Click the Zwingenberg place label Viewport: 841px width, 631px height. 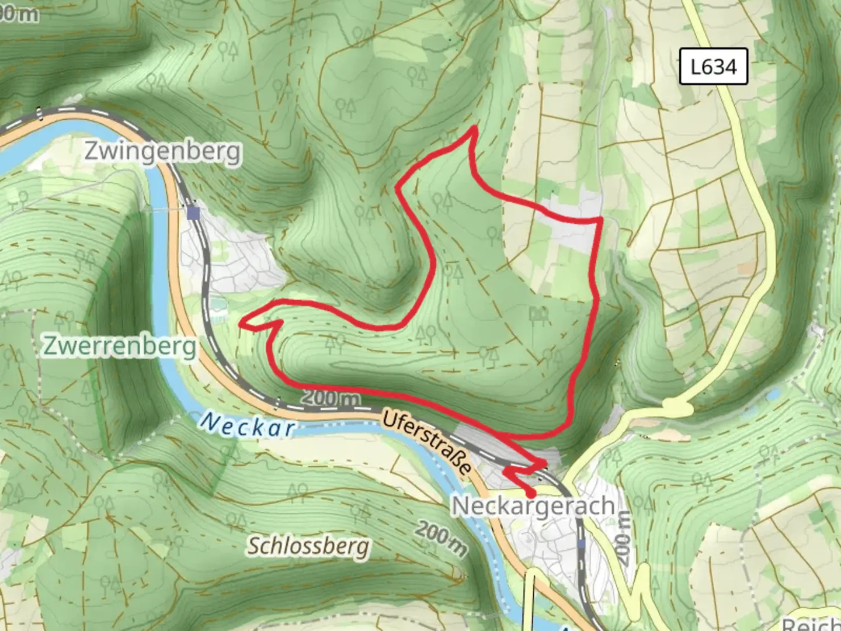(x=162, y=151)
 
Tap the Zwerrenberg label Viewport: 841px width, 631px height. (x=120, y=346)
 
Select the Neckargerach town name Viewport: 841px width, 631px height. (x=533, y=506)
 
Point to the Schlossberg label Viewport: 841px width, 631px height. (x=308, y=546)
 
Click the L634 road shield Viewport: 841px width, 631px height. (x=713, y=67)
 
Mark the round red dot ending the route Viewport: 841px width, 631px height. (x=531, y=495)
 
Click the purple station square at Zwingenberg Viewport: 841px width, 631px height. (x=193, y=213)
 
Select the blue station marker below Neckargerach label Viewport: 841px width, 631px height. (x=581, y=544)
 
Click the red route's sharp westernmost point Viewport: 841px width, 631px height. (x=242, y=320)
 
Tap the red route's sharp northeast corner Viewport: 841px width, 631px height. (x=600, y=220)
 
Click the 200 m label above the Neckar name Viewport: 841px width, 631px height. (x=331, y=398)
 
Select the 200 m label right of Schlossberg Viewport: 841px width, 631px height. (x=442, y=538)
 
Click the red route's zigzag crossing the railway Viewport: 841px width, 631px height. (x=523, y=467)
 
